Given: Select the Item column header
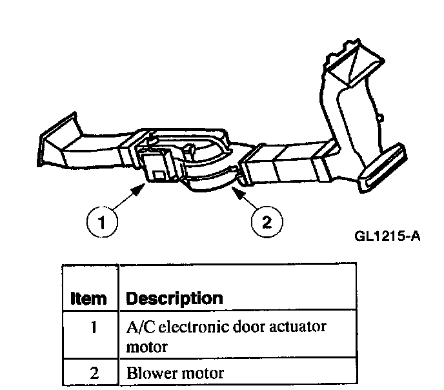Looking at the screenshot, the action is click(x=88, y=299).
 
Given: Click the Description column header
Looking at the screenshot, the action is click(x=174, y=299).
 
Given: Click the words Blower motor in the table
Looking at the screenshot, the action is click(x=166, y=372).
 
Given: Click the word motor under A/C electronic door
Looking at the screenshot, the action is click(x=147, y=347).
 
